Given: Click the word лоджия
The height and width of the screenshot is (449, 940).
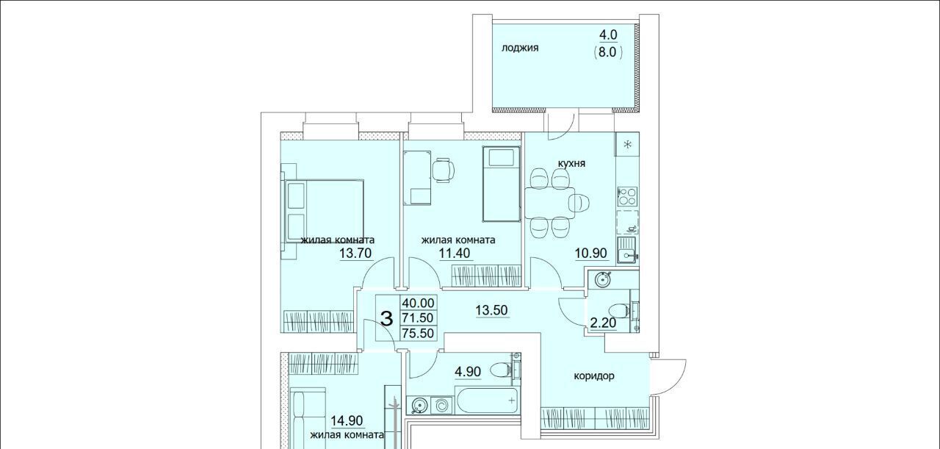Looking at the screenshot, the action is pyautogui.click(x=520, y=48).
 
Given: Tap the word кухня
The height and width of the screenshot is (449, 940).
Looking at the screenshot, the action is pyautogui.click(x=571, y=163).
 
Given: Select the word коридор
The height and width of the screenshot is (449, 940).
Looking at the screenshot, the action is pyautogui.click(x=594, y=376).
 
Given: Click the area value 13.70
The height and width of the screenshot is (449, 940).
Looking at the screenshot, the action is pyautogui.click(x=355, y=254).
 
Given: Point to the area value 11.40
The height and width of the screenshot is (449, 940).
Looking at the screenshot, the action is pyautogui.click(x=455, y=254).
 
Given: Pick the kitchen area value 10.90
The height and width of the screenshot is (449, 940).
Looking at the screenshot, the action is pyautogui.click(x=591, y=254).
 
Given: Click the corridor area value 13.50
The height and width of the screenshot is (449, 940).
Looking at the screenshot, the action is pyautogui.click(x=491, y=310).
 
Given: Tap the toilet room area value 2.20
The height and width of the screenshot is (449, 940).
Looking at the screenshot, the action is pyautogui.click(x=603, y=323).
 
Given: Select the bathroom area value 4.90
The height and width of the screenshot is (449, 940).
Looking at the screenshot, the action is pyautogui.click(x=468, y=372).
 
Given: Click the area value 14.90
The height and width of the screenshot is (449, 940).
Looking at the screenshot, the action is pyautogui.click(x=347, y=420).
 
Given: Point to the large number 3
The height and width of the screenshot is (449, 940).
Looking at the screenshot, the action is pyautogui.click(x=386, y=318).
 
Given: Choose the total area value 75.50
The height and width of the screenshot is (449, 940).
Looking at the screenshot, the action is pyautogui.click(x=418, y=333).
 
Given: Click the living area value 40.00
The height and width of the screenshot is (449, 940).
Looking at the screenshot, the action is pyautogui.click(x=418, y=303).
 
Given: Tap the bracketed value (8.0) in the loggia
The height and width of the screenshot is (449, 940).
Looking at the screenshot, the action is pyautogui.click(x=608, y=52).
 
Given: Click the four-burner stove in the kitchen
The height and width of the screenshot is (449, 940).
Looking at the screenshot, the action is pyautogui.click(x=627, y=196).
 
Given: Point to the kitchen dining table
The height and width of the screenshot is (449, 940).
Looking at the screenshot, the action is pyautogui.click(x=549, y=203).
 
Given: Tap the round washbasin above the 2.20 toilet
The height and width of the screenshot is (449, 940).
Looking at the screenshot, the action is pyautogui.click(x=603, y=279).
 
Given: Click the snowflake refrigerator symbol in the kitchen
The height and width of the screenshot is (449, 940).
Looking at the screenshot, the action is pyautogui.click(x=628, y=145).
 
